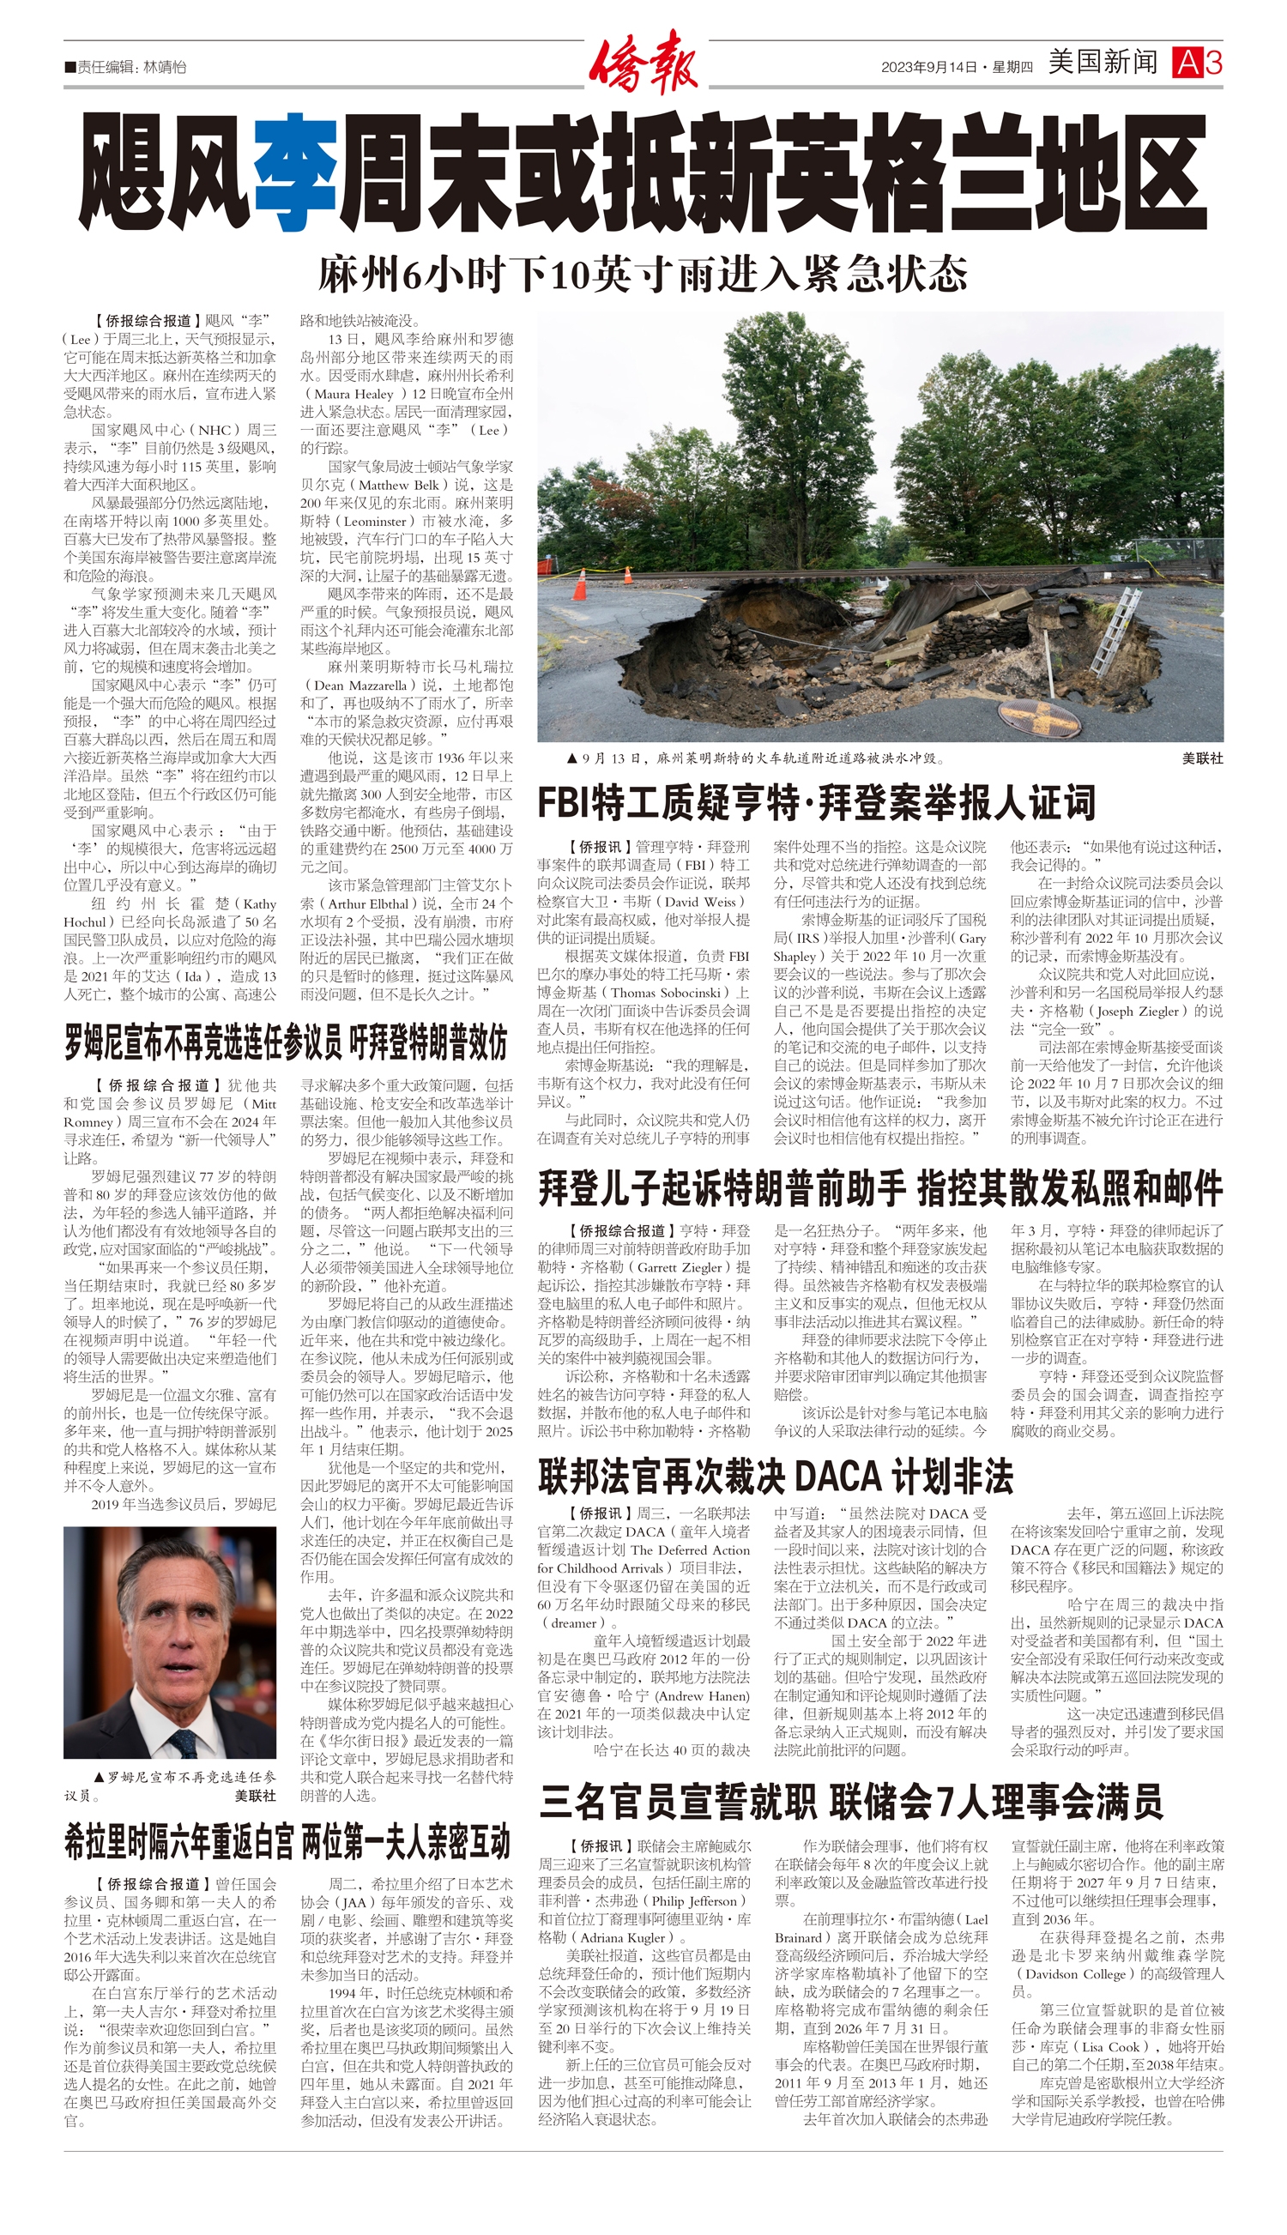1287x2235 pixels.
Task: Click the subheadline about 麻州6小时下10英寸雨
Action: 643,275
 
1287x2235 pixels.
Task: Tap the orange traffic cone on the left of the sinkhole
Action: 628,575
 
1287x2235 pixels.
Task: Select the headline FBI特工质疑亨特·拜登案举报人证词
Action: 816,802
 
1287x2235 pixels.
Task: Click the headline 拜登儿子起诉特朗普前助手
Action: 879,1188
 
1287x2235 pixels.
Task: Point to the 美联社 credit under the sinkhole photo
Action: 1202,758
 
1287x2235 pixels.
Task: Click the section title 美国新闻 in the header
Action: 1103,63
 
